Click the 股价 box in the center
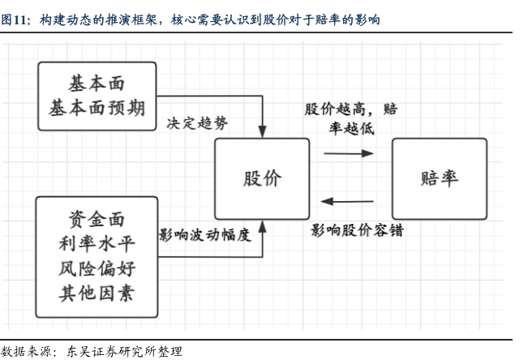tap(262, 179)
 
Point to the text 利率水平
tap(97, 242)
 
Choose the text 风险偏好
tap(97, 268)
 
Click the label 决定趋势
tap(197, 124)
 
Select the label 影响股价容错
tap(357, 230)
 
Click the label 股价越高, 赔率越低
tap(350, 118)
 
